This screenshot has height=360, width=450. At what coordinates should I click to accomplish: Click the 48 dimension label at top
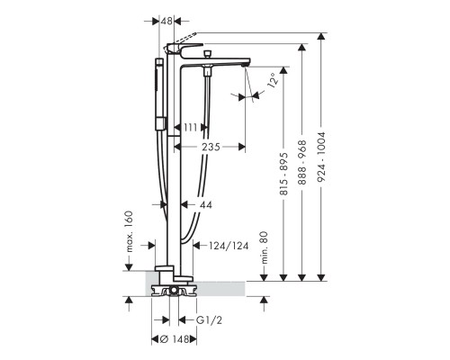pyautogui.click(x=166, y=21)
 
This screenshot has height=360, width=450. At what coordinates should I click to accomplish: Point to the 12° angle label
pyautogui.click(x=273, y=80)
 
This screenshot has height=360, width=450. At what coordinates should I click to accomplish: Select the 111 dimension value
pyautogui.click(x=190, y=128)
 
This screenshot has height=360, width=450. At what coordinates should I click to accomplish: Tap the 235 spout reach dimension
pyautogui.click(x=211, y=147)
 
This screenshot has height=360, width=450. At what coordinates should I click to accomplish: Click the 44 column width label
pyautogui.click(x=206, y=205)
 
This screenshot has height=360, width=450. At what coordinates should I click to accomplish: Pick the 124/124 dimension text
pyautogui.click(x=229, y=246)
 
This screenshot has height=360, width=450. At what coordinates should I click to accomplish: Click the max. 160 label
pyautogui.click(x=129, y=231)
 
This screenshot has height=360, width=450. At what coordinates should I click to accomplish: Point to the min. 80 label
pyautogui.click(x=264, y=247)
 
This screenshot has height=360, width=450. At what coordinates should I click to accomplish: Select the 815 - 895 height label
pyautogui.click(x=283, y=174)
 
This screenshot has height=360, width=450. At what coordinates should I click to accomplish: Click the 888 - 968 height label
pyautogui.click(x=302, y=162)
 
